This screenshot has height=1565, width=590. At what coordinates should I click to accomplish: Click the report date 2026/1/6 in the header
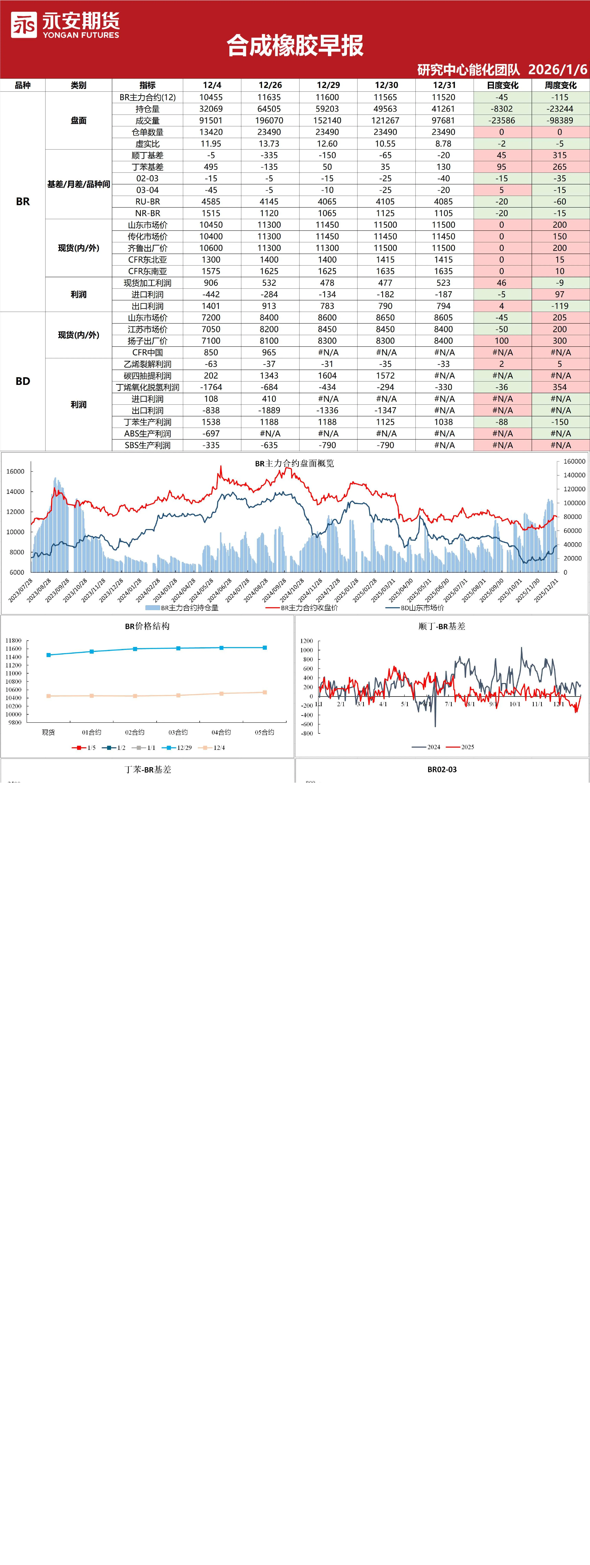(x=557, y=69)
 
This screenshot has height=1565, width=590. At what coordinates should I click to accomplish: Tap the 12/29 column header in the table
(x=328, y=85)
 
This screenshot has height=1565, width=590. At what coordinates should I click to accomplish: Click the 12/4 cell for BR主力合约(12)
(x=211, y=97)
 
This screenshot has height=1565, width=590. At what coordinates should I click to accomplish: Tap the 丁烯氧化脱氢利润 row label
(x=148, y=387)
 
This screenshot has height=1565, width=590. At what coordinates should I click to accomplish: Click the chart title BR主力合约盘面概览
(x=294, y=463)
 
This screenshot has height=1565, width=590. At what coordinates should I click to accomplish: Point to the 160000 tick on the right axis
(x=574, y=461)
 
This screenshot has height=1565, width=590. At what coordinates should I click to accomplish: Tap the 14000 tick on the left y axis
(x=15, y=491)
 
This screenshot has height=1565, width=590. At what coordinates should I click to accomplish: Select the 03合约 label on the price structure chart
(x=178, y=732)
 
